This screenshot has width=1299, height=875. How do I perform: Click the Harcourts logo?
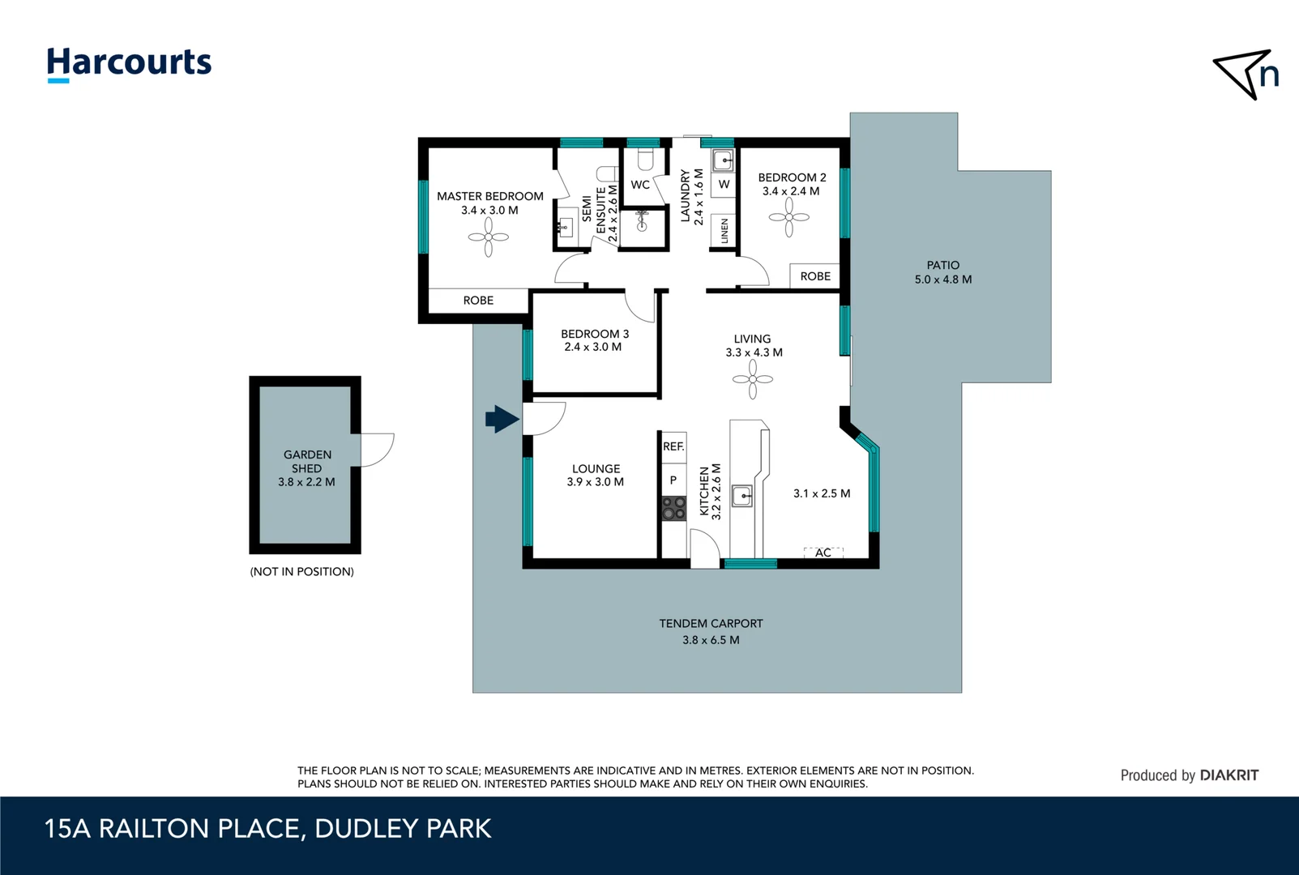[129, 63]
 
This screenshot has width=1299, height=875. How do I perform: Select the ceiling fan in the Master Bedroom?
[488, 238]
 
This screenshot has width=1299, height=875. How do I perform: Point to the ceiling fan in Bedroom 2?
[788, 217]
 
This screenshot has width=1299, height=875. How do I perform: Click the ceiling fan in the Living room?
[752, 379]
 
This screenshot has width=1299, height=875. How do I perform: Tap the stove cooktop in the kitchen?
[673, 508]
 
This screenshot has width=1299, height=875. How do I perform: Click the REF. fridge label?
[673, 446]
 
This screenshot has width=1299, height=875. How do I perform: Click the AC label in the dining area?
[823, 553]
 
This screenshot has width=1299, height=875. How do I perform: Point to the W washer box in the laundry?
[724, 185]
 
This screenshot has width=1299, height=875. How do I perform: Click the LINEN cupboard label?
[724, 231]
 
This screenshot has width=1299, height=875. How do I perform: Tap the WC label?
[640, 185]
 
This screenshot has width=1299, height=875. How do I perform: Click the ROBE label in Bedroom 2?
[815, 276]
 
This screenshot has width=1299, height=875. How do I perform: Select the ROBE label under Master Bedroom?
[478, 301]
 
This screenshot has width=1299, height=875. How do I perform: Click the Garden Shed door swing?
[377, 450]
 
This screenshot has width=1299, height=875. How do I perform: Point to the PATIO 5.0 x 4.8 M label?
[942, 272]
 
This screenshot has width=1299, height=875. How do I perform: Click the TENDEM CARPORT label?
[711, 624]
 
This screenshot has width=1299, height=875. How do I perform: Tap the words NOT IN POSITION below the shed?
[301, 572]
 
